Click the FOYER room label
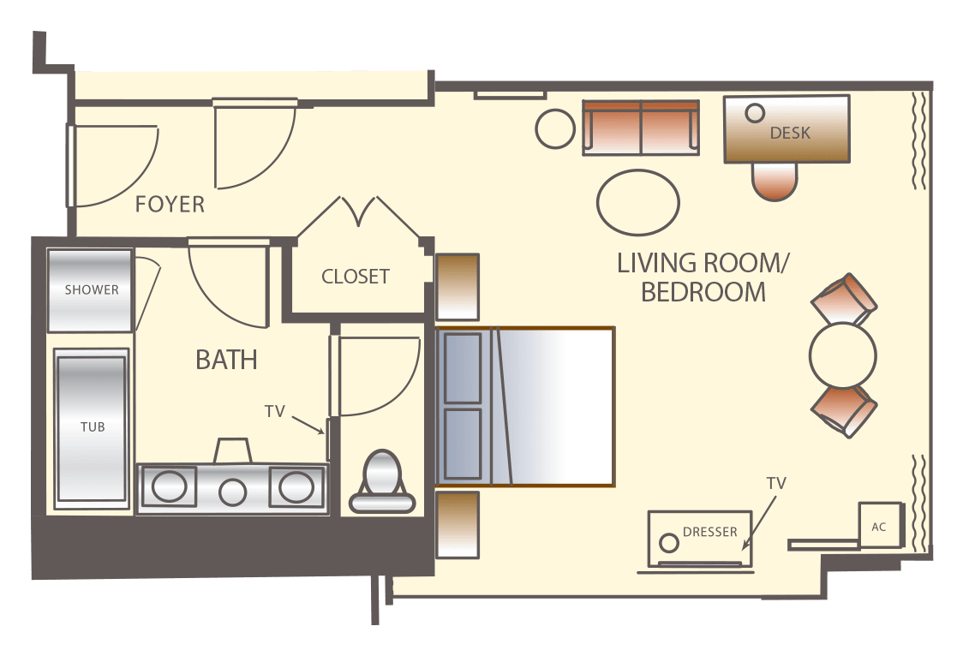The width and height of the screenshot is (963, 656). coord(170,205)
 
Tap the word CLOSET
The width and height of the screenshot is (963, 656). coord(356,277)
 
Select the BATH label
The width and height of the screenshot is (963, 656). coord(227,361)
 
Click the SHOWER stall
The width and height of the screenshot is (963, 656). coord(90,290)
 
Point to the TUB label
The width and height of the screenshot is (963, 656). coord(93,427)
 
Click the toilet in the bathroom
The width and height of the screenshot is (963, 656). coord(382,481)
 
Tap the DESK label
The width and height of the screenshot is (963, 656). coord(791,133)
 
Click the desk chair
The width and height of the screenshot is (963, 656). coord(775,182)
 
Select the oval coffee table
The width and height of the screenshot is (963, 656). coord(638,202)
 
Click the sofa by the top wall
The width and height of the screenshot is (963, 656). coord(641,128)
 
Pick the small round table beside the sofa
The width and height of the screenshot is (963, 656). coord(555,128)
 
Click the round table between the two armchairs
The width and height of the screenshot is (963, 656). coord(843,355)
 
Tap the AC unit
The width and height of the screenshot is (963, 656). coord(880,525)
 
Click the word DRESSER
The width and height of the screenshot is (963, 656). coord(710,532)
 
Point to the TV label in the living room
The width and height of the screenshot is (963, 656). coord(776,484)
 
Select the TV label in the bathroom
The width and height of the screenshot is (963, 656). coord(275,412)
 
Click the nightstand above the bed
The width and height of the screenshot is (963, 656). coord(457,287)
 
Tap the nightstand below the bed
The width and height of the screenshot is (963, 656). coord(457,525)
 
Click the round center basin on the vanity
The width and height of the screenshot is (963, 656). coord(233,492)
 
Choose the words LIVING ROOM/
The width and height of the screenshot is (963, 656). coord(703,263)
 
